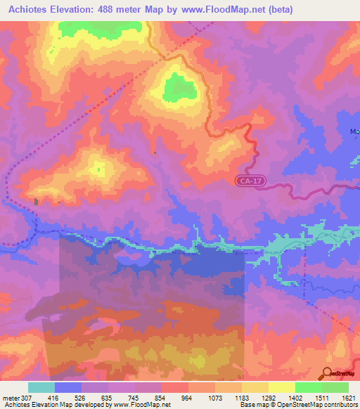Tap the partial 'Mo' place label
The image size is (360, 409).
click(x=354, y=131)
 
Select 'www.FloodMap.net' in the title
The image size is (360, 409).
click(x=224, y=10)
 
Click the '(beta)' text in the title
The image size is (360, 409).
click(x=278, y=10)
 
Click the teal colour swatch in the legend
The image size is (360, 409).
click(x=41, y=387)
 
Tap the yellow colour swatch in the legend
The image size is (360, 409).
click(x=282, y=387)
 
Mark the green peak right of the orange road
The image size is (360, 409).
click(x=179, y=88)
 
